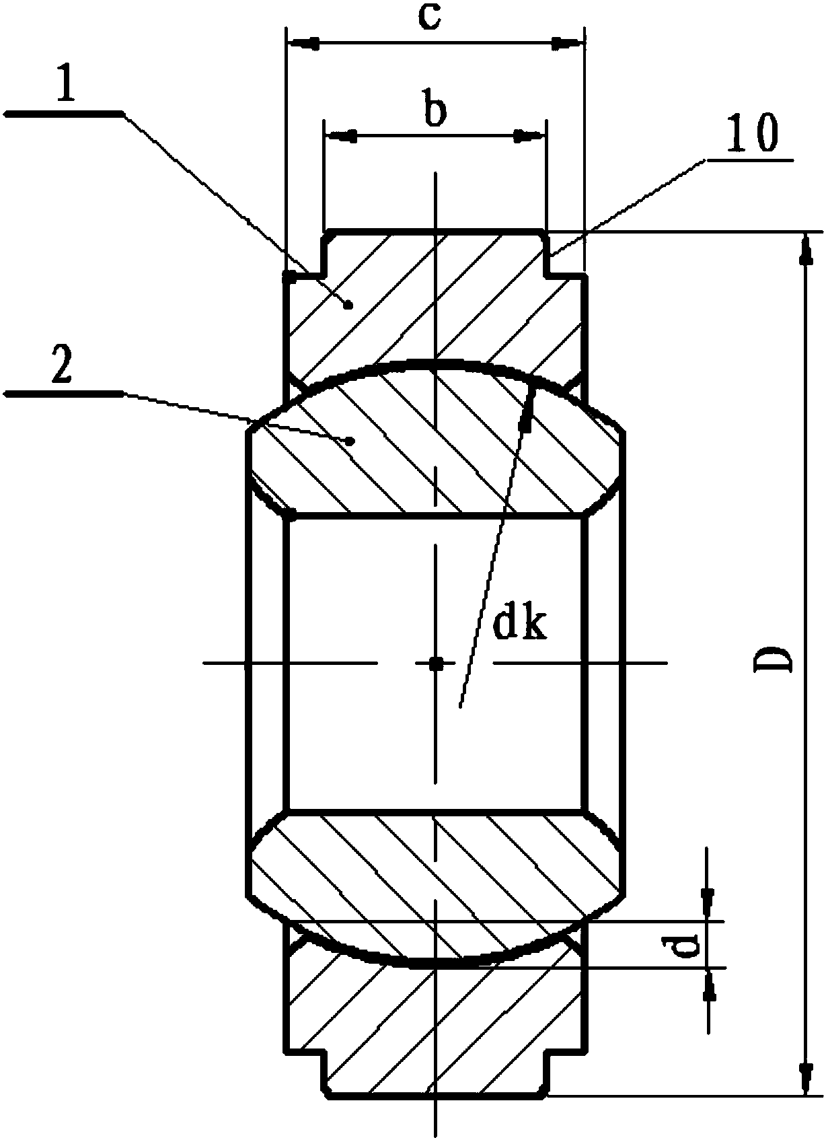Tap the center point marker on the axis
(435, 662)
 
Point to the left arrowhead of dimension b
(340, 135)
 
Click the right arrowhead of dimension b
(529, 135)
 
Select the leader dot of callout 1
(348, 305)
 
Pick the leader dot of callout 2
(349, 441)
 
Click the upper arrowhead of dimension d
(708, 904)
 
